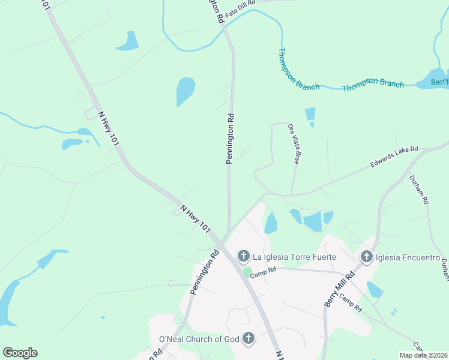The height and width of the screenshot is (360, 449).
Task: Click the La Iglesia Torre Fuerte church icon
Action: point(244,257)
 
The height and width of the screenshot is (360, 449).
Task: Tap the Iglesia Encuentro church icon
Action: point(367,257)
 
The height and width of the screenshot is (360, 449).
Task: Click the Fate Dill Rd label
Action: point(241,4)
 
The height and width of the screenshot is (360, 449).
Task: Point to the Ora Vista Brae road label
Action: point(293,144)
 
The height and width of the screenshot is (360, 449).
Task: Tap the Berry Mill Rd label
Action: point(339,288)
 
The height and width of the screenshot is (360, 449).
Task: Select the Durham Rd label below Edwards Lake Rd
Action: point(419,188)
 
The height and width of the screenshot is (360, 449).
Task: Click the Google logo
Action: point(20,353)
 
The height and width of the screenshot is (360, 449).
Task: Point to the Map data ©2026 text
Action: point(423,355)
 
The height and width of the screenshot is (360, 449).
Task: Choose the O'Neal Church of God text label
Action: point(199,340)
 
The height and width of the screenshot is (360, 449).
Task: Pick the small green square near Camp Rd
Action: point(247,272)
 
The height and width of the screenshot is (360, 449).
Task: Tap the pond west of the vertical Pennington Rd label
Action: point(185,91)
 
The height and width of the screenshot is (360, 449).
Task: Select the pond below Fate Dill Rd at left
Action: point(128,41)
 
